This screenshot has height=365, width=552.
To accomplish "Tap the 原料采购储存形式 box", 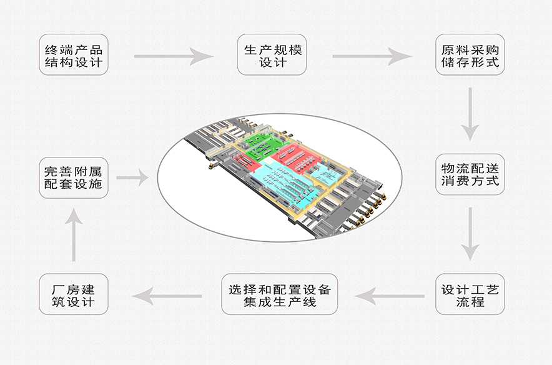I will point(470,55).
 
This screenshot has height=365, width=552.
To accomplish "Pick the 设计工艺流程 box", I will point(470,294).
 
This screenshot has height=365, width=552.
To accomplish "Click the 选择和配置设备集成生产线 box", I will point(279,294).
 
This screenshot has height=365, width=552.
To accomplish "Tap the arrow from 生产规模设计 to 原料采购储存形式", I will point(372,56).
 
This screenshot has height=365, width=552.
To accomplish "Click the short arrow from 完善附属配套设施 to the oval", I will point(132,178).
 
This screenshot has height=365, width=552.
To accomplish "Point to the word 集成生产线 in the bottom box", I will point(279,302).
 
